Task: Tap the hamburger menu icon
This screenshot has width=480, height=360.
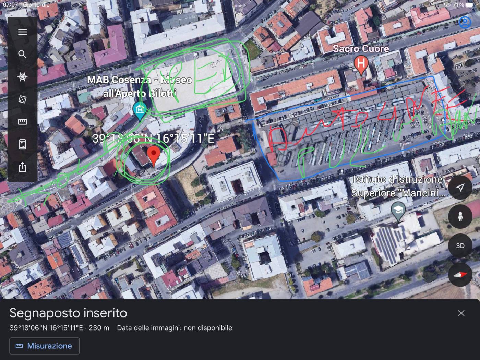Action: [22, 32]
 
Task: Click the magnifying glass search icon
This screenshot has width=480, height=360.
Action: [22, 54]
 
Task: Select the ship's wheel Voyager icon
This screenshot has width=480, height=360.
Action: [22, 77]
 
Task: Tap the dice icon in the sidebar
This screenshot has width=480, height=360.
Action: [22, 99]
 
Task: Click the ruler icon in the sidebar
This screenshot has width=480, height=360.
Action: [22, 122]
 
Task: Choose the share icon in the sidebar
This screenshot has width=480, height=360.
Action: [22, 167]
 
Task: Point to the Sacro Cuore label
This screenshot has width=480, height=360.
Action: [361, 49]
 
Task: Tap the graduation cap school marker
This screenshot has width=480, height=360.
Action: [398, 210]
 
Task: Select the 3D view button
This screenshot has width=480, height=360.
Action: [460, 245]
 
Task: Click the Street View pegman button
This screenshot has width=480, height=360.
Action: [460, 216]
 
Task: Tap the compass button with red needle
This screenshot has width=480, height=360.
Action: [460, 275]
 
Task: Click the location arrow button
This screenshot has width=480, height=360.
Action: [460, 187]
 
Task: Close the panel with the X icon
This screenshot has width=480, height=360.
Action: [461, 313]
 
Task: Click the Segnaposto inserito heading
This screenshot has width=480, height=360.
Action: [68, 313]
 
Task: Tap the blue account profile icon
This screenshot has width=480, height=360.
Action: [465, 23]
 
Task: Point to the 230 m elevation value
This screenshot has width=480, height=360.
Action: [99, 328]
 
